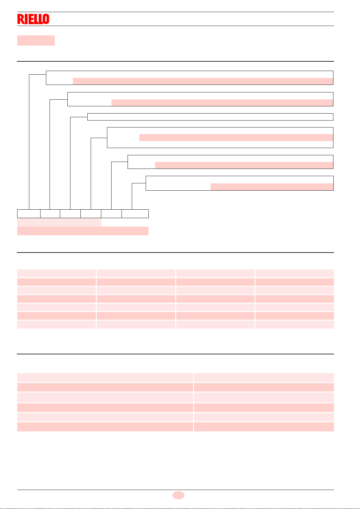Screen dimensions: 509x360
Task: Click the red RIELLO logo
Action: pyautogui.click(x=33, y=19)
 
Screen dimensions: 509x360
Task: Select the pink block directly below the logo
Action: pyautogui.click(x=36, y=40)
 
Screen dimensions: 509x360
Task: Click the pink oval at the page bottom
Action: pyautogui.click(x=178, y=495)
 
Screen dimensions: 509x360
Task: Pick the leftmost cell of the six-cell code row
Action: pyautogui.click(x=29, y=214)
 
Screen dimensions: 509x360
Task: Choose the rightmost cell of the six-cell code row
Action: pyautogui.click(x=135, y=214)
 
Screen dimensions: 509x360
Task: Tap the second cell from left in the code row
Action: pyautogui.click(x=50, y=214)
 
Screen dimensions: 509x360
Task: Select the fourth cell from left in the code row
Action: pyautogui.click(x=91, y=214)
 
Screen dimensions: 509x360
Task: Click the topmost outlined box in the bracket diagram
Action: pyautogui.click(x=190, y=74)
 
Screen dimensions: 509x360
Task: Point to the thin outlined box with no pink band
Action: pyautogui.click(x=210, y=117)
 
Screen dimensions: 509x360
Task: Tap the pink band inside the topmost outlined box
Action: pyautogui.click(x=203, y=81)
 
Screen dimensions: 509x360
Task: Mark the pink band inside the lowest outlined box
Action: pyautogui.click(x=272, y=187)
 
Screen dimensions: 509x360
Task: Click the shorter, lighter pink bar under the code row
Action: pyautogui.click(x=59, y=223)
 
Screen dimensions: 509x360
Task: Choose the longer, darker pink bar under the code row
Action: pyautogui.click(x=83, y=231)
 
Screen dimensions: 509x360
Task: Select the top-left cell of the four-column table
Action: pyautogui.click(x=57, y=273)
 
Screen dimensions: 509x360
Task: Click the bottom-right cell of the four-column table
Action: pyautogui.click(x=295, y=324)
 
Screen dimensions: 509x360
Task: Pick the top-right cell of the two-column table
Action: pyautogui.click(x=264, y=378)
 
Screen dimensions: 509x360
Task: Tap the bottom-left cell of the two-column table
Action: pyautogui.click(x=105, y=427)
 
